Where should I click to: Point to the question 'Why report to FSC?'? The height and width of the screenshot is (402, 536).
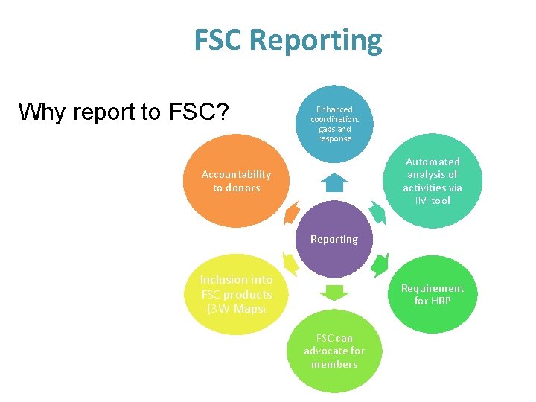coord(124,112)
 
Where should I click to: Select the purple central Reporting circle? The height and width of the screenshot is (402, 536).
coord(334,238)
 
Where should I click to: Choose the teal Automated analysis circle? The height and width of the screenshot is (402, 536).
coord(433,181)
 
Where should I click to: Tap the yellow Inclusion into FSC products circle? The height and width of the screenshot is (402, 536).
coord(237,293)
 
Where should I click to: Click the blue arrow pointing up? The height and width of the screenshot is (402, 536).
coord(334,182)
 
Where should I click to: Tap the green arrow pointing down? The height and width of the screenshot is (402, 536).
coord(334,291)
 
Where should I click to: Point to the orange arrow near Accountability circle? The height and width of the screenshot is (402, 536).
coord(291,212)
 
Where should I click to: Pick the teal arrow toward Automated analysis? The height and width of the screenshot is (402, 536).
coord(378,213)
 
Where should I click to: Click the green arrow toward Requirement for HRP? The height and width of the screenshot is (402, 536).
coord(380,264)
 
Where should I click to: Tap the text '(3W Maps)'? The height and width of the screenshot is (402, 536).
coord(236,308)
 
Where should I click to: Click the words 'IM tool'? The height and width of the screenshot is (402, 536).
coord(433,200)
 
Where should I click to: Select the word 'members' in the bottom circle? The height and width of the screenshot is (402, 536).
coord(334,364)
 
